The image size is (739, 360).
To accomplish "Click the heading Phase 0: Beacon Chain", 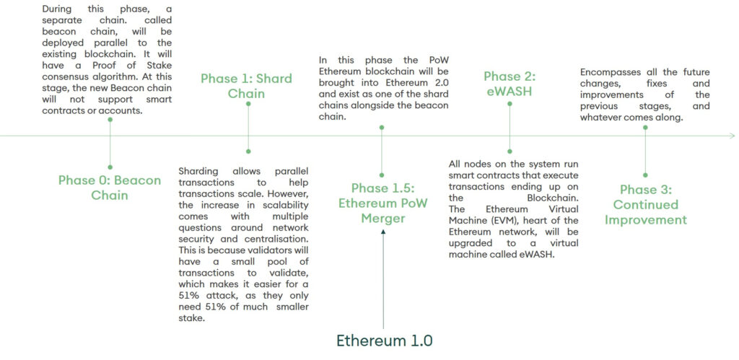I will (110, 188).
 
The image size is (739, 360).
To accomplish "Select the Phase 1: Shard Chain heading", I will (246, 86).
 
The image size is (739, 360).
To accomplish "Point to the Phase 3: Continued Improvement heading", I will (645, 205).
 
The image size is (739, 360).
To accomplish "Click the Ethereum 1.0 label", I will (384, 340).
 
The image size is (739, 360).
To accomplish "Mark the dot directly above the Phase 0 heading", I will (110, 167).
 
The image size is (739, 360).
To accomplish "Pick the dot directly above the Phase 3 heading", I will (645, 175).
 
